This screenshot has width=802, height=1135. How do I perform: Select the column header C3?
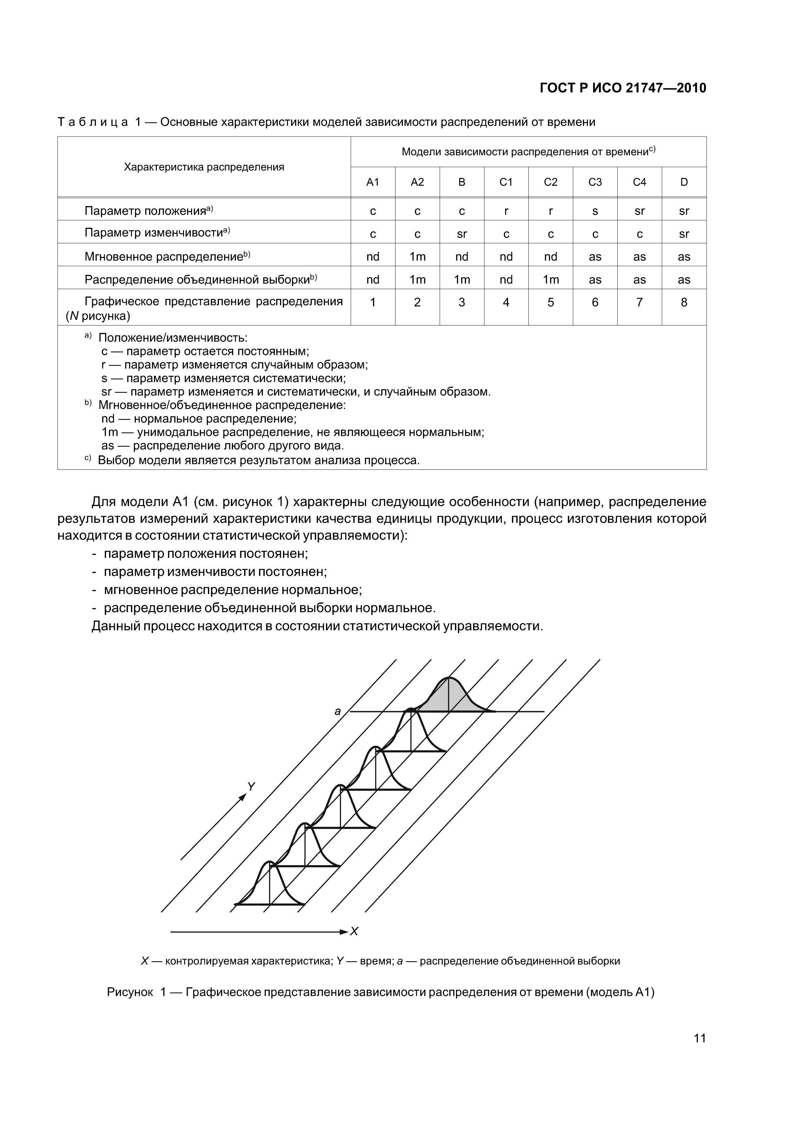[595, 182]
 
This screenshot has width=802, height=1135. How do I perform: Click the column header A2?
[417, 182]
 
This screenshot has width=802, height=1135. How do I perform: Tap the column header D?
[684, 182]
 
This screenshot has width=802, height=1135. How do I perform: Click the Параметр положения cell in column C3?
[595, 211]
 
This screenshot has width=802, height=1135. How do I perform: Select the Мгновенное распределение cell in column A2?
[417, 257]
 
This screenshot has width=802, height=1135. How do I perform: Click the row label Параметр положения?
[148, 211]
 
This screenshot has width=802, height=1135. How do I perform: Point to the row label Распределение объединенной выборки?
[200, 280]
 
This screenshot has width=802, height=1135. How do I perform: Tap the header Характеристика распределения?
[204, 167]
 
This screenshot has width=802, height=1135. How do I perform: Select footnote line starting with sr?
[296, 392]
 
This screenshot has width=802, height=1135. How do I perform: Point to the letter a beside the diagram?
[338, 712]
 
